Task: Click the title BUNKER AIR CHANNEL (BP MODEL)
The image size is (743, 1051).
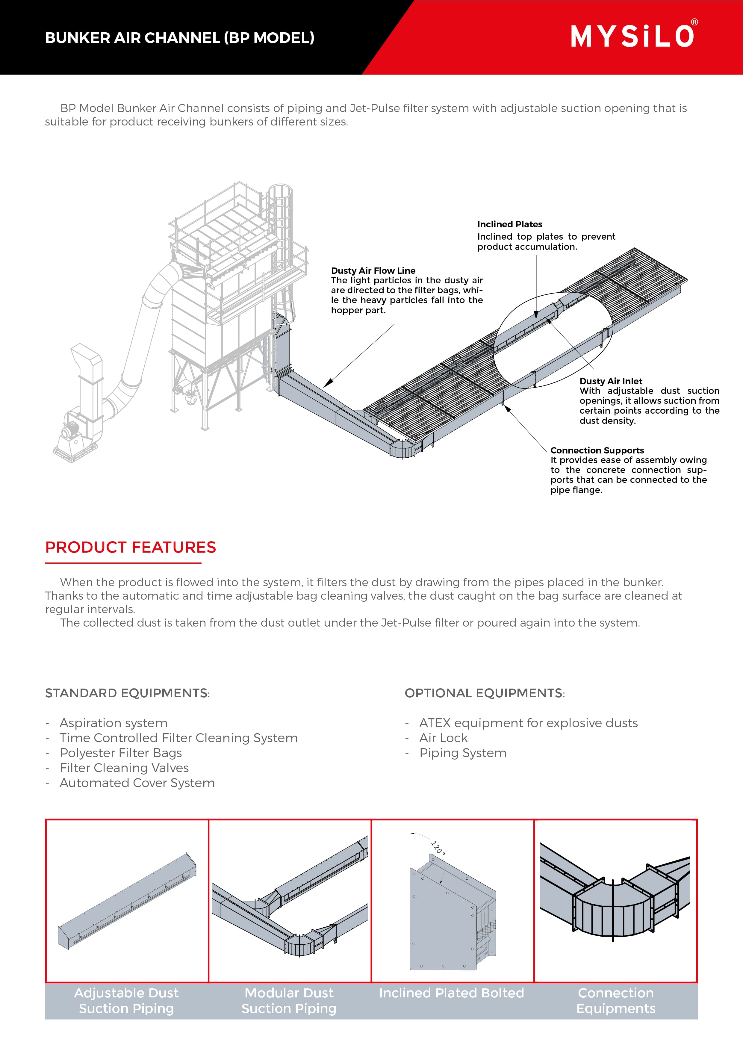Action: click(179, 37)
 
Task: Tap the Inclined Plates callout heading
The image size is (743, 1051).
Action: click(509, 224)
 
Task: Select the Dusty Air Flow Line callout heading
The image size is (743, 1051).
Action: click(373, 270)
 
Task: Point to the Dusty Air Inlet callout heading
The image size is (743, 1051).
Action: click(611, 381)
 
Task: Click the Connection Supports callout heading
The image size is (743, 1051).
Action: click(597, 450)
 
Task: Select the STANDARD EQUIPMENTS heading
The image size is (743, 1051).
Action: click(126, 693)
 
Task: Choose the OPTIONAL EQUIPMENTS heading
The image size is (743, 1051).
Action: click(484, 693)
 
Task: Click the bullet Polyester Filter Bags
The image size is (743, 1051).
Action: click(121, 753)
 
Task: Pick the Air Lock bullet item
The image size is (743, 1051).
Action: click(443, 738)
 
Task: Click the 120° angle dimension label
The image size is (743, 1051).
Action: click(438, 848)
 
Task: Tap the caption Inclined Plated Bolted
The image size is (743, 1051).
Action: click(451, 993)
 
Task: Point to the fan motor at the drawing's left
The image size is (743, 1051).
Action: click(71, 430)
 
